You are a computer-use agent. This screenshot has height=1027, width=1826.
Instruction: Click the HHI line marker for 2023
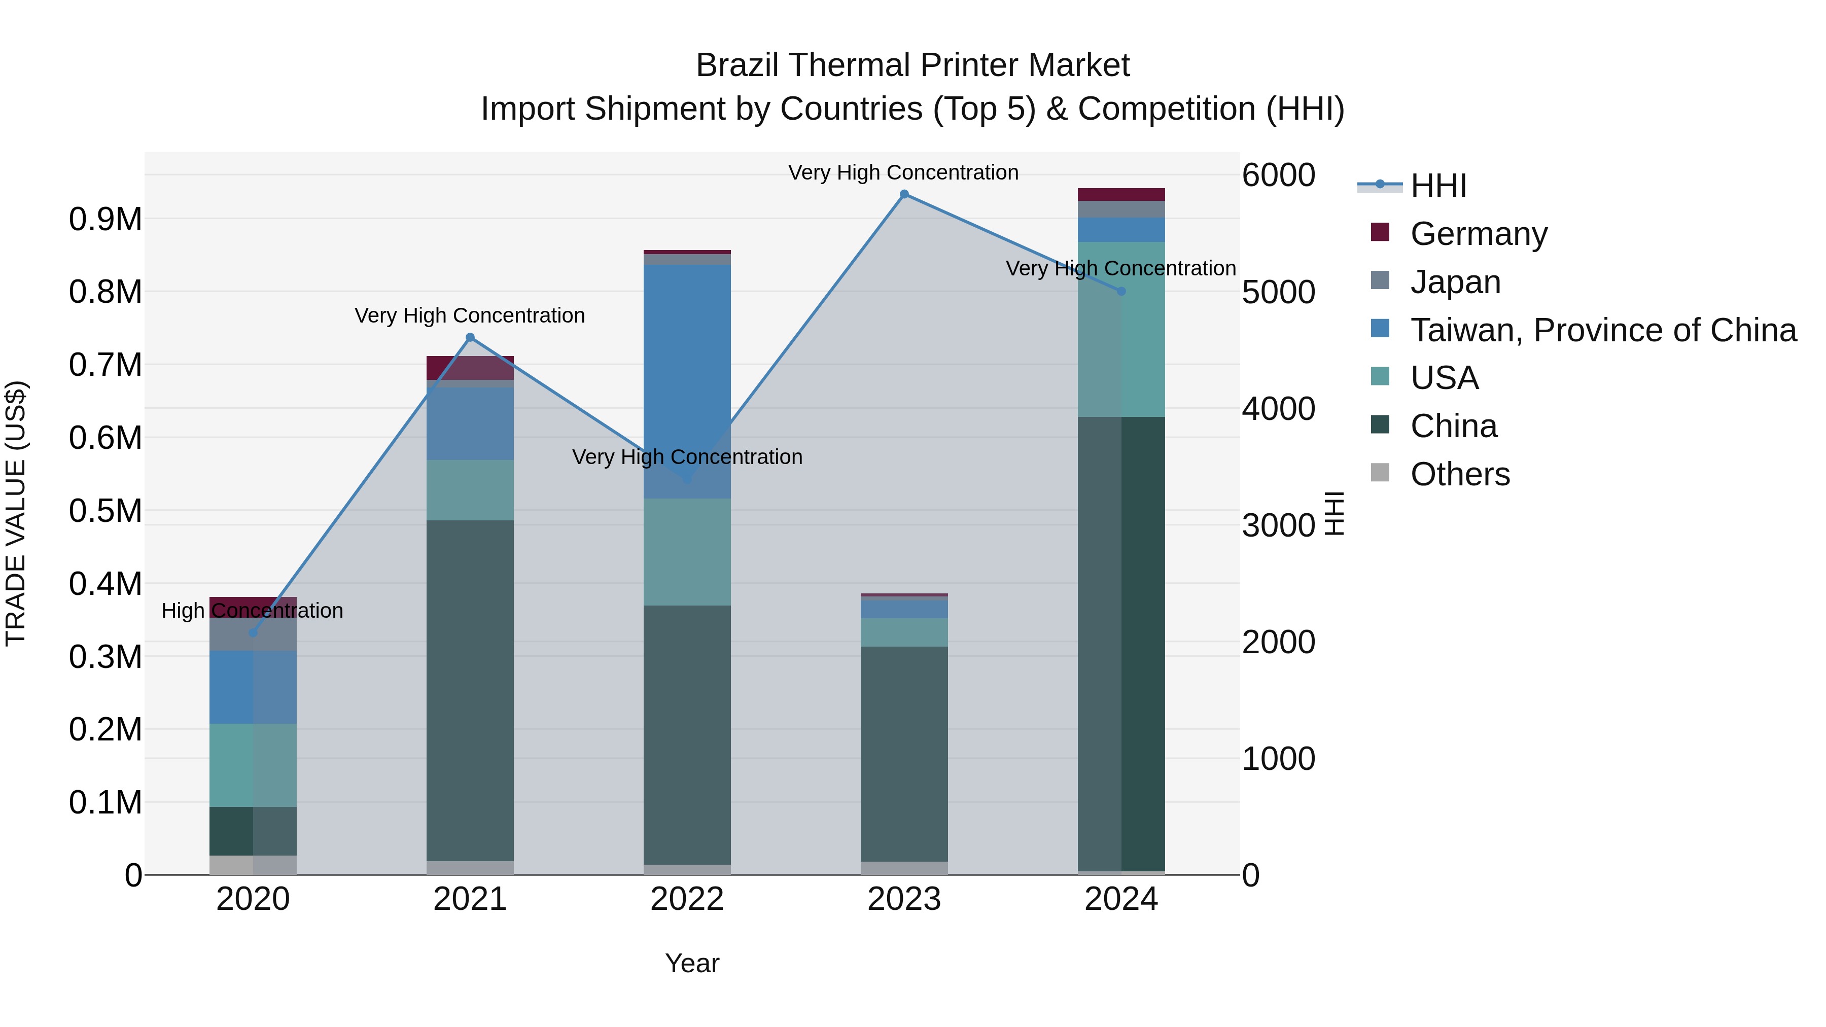(904, 194)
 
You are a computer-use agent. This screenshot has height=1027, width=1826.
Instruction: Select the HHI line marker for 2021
(470, 337)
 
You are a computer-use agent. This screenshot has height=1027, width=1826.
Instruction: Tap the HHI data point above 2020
(253, 632)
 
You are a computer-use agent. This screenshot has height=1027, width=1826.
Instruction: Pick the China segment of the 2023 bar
(904, 751)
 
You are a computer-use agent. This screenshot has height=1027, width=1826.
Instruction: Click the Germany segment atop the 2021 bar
(470, 367)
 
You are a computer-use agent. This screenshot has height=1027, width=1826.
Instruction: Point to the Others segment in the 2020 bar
(253, 865)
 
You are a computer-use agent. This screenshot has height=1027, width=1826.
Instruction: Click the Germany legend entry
(1478, 234)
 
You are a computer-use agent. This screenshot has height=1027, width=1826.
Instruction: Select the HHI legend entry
(1437, 186)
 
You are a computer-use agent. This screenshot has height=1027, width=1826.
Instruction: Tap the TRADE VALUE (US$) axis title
(16, 513)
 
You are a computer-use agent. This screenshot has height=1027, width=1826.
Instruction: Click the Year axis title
(692, 963)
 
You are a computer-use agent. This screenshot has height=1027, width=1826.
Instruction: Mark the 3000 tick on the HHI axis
(1278, 525)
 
